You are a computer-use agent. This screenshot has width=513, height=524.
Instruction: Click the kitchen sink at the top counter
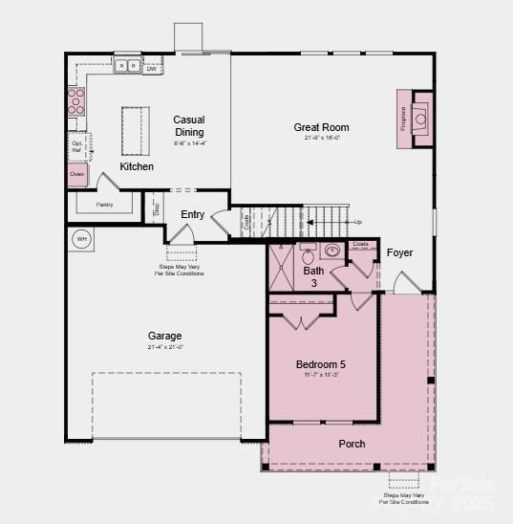coord(126,67)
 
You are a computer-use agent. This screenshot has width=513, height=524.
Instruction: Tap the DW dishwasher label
coord(152,68)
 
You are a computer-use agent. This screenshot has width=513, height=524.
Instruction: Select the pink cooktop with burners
coord(75,101)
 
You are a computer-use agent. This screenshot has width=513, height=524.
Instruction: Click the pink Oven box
coord(77,174)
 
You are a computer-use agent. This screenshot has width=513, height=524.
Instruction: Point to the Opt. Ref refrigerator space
coord(77,145)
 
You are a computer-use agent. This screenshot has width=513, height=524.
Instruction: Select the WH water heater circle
coord(81,239)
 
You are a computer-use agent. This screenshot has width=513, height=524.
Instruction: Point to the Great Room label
coord(321,127)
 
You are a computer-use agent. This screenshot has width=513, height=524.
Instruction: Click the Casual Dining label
coord(189,126)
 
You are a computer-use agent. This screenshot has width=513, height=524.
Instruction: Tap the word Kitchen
coord(137,166)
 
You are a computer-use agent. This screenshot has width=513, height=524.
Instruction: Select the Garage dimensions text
coord(164,347)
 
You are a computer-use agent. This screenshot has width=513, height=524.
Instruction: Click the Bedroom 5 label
coord(321,364)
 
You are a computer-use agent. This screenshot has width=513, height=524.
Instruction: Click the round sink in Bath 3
coord(331,251)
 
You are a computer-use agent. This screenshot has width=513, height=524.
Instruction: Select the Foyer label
coord(399,252)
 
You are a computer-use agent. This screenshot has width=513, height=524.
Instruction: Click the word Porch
coord(352,444)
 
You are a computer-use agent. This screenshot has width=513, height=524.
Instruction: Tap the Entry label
coord(192,214)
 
